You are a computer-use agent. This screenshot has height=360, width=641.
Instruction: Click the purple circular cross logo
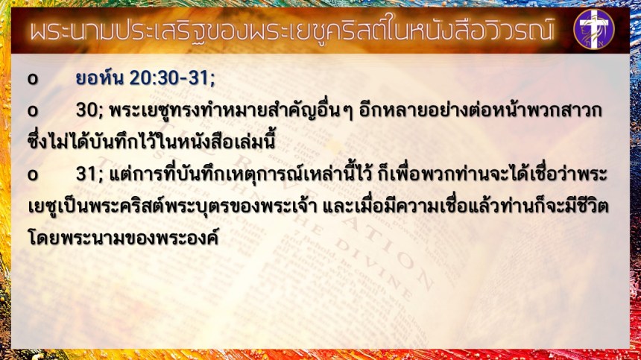pos(593,29)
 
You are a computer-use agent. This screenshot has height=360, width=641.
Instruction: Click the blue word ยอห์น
pos(99,77)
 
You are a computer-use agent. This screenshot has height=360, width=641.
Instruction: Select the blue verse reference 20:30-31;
pos(172,78)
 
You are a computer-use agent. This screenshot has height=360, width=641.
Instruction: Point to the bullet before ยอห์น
pos(33,79)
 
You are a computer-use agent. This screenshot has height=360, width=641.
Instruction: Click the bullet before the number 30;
pos(33,111)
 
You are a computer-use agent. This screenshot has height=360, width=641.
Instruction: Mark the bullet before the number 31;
pos(33,175)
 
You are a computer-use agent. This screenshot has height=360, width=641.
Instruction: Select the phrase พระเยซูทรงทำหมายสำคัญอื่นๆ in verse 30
pos(231,110)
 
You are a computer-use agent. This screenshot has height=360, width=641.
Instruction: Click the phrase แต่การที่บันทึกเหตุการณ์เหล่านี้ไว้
pos(240,174)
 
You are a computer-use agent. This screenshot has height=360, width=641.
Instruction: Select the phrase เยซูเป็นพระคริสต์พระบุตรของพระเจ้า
pos(172,206)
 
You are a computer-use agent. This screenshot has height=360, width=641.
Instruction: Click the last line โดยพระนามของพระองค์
pos(123,238)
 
